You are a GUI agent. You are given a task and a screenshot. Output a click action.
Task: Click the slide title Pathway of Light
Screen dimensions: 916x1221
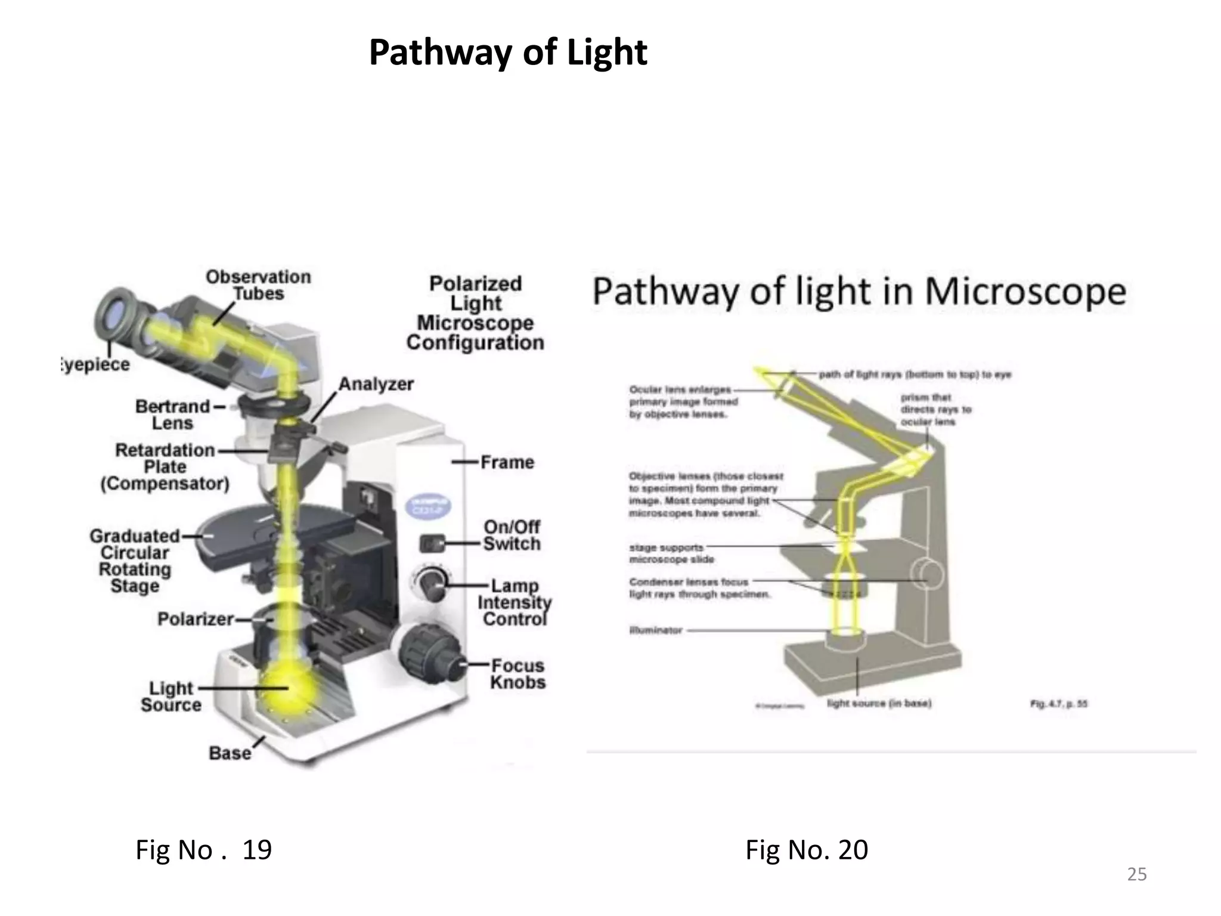507,52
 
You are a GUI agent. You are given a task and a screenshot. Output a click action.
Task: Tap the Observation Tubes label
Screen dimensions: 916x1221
258,285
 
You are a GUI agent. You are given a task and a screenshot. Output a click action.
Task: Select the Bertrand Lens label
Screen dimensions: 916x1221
172,414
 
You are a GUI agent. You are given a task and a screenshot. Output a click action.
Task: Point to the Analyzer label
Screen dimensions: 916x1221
376,384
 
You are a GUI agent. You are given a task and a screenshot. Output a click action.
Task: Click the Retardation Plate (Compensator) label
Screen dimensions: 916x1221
165,467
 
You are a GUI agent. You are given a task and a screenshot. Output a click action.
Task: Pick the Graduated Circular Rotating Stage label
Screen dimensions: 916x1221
135,561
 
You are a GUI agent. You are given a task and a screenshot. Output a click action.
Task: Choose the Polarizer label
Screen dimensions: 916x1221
195,619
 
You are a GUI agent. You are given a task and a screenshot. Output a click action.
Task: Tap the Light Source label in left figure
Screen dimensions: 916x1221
171,697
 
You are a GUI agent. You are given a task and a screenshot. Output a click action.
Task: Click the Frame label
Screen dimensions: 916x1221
507,462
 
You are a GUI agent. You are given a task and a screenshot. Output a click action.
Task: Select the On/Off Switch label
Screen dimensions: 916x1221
512,536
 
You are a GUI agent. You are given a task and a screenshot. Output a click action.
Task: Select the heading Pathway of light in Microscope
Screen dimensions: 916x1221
859,292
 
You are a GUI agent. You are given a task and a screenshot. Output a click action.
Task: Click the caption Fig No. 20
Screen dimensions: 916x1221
806,849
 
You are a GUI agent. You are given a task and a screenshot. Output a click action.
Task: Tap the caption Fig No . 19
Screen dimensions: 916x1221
203,849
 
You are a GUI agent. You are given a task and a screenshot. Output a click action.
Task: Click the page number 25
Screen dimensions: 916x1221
1136,874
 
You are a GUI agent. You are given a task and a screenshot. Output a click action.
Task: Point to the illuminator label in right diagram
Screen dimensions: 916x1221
655,630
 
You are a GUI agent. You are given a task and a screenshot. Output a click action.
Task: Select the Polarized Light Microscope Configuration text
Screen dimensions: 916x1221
475,313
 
